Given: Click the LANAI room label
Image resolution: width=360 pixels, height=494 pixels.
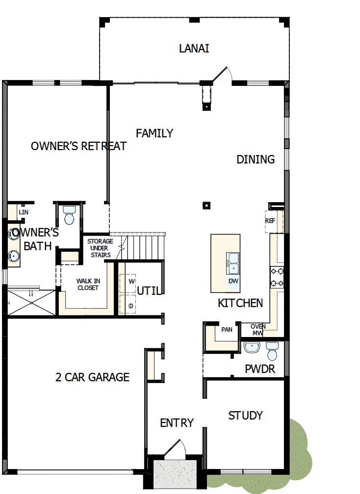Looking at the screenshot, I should point(194,49).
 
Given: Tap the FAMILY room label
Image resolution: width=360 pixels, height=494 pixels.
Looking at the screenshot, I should point(154,133).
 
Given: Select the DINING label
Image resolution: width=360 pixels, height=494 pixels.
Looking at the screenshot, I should point(256,159).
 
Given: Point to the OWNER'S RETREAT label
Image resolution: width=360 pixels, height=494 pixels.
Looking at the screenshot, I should point(78,146).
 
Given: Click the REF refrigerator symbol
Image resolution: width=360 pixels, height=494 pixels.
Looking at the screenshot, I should point(270,221).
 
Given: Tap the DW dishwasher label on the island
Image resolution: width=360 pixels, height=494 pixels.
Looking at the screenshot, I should point(233,281).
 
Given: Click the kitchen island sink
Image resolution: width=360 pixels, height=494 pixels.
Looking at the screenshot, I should point(232,263).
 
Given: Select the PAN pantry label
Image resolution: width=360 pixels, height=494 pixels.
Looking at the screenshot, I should point(227,330).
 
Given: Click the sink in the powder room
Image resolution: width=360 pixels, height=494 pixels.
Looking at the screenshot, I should point(252,347).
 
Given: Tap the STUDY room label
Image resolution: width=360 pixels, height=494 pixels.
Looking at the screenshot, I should point(246,416).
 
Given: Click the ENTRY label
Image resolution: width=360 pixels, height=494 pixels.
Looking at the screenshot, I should point(177,423).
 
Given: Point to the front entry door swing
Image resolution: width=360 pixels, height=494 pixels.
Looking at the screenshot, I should point(175,449).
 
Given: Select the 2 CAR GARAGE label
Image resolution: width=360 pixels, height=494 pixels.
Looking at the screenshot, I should point(92,377).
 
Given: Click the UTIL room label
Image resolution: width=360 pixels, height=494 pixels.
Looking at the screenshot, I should point(149,290).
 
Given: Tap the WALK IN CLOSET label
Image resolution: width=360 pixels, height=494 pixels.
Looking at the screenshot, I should point(88,285).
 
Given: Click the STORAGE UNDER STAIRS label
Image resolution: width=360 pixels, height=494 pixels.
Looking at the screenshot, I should point(100,248).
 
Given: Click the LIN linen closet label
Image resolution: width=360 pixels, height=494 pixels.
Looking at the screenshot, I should point(24,212).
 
